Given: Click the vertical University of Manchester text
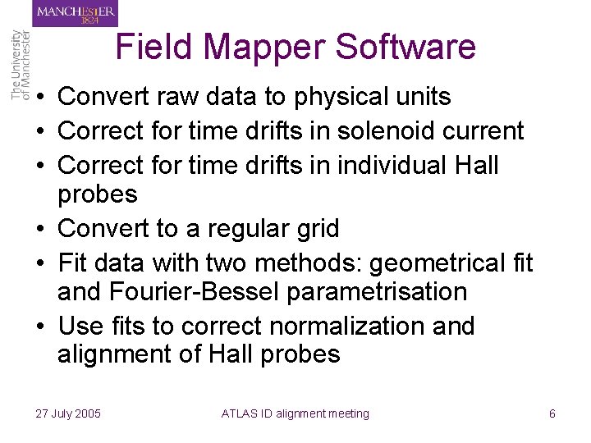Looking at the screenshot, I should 21,66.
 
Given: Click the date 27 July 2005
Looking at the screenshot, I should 68,413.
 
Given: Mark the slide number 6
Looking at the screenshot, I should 552,413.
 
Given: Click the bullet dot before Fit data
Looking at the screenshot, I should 40,263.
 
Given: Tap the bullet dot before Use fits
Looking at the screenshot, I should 40,327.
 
